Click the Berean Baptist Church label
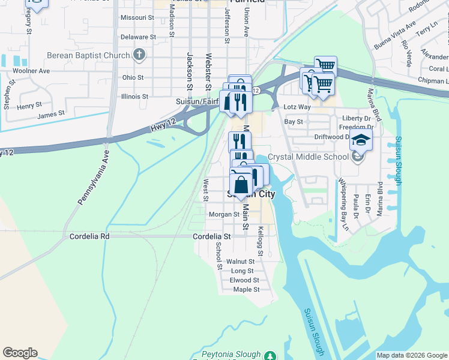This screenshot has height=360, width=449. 88,56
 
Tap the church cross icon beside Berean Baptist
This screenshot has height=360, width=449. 139,56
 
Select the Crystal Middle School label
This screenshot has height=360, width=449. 307,157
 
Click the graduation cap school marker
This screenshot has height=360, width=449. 361,140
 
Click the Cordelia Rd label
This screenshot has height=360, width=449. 89,236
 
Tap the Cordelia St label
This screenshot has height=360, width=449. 211,237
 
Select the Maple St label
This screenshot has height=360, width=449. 246,289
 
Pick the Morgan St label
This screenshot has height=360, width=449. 224,214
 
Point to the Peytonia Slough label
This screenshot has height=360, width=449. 231,355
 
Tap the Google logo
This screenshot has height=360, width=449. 20,353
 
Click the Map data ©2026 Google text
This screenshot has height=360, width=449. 411,355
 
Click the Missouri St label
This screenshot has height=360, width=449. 137,18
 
